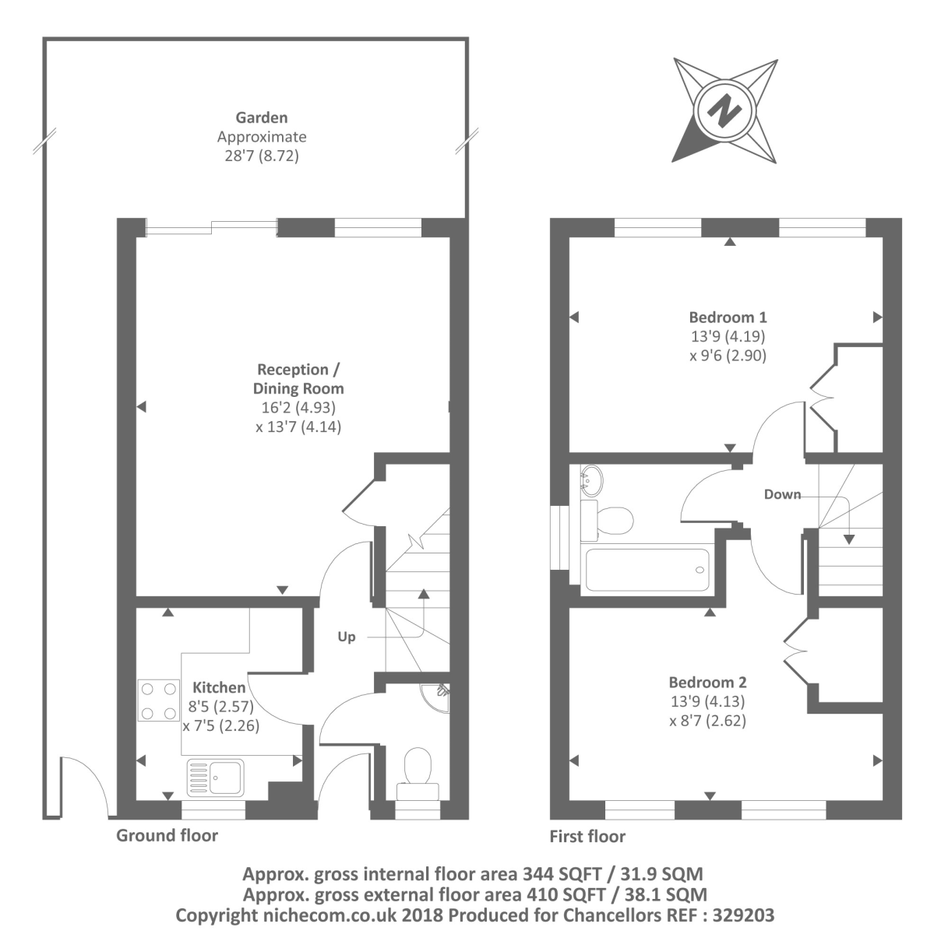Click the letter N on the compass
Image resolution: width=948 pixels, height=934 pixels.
pyautogui.click(x=724, y=111)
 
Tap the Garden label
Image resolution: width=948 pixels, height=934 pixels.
pyautogui.click(x=262, y=118)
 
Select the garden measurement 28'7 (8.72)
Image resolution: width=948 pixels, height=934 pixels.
pyautogui.click(x=262, y=156)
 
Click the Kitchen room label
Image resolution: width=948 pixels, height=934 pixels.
pyautogui.click(x=219, y=687)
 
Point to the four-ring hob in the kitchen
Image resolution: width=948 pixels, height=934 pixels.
pyautogui.click(x=158, y=700)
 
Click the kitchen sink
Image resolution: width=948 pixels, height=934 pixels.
pyautogui.click(x=216, y=778)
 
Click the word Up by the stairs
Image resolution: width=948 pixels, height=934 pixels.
pyautogui.click(x=347, y=637)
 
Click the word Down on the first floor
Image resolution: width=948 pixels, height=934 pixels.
pyautogui.click(x=782, y=494)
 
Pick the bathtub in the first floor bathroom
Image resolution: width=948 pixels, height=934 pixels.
pyautogui.click(x=647, y=570)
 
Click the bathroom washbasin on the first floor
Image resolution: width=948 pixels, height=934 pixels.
pyautogui.click(x=591, y=481)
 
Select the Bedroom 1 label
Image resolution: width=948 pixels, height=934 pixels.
pyautogui.click(x=728, y=318)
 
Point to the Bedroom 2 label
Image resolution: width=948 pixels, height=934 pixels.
pyautogui.click(x=707, y=683)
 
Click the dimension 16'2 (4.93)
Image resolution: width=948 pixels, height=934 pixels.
pyautogui.click(x=298, y=408)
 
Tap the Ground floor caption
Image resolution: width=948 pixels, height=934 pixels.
pyautogui.click(x=167, y=835)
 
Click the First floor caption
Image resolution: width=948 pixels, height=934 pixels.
pyautogui.click(x=587, y=836)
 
